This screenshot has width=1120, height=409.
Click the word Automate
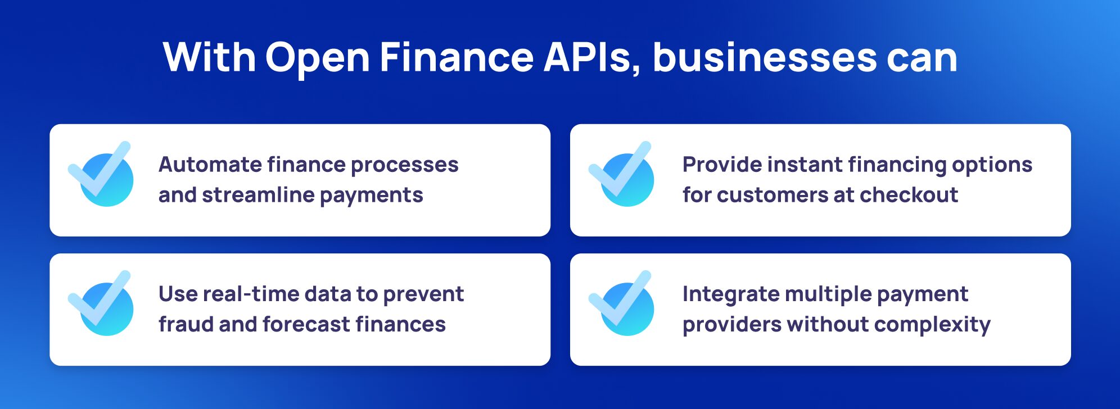pos(210,165)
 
